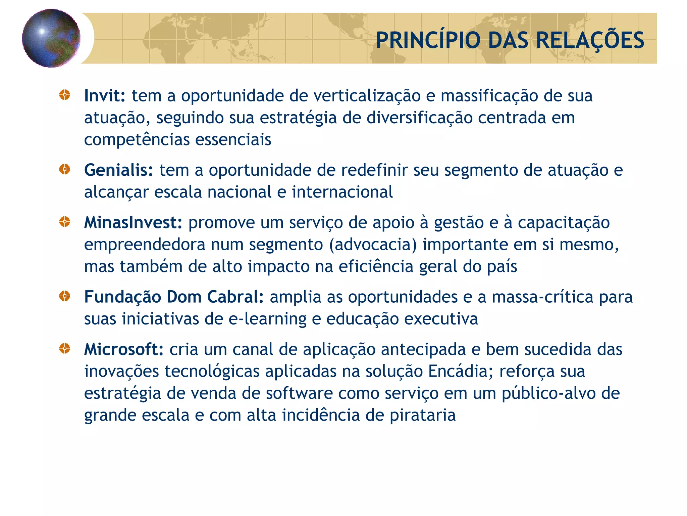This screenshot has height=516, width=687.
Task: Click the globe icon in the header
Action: tap(51, 38)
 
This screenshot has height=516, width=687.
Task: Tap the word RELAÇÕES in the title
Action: tap(590, 40)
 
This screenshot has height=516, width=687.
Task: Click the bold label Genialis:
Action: tap(118, 170)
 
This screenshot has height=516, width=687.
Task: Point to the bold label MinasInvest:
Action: tap(133, 223)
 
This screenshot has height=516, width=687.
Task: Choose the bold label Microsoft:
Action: tap(124, 349)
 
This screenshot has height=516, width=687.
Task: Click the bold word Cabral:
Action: tap(235, 297)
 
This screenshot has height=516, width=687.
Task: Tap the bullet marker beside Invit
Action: tap(65, 95)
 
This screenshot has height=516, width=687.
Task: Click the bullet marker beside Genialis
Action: tap(65, 169)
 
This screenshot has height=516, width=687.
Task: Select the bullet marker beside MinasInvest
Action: tap(65, 222)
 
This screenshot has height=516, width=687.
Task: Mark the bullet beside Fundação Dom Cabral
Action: tap(65, 296)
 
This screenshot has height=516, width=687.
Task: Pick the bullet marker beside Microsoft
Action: tap(65, 349)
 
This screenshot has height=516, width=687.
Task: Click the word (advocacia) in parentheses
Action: tap(373, 245)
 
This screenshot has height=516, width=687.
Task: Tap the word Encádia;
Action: tap(461, 372)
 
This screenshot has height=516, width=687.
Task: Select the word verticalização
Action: tap(367, 96)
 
